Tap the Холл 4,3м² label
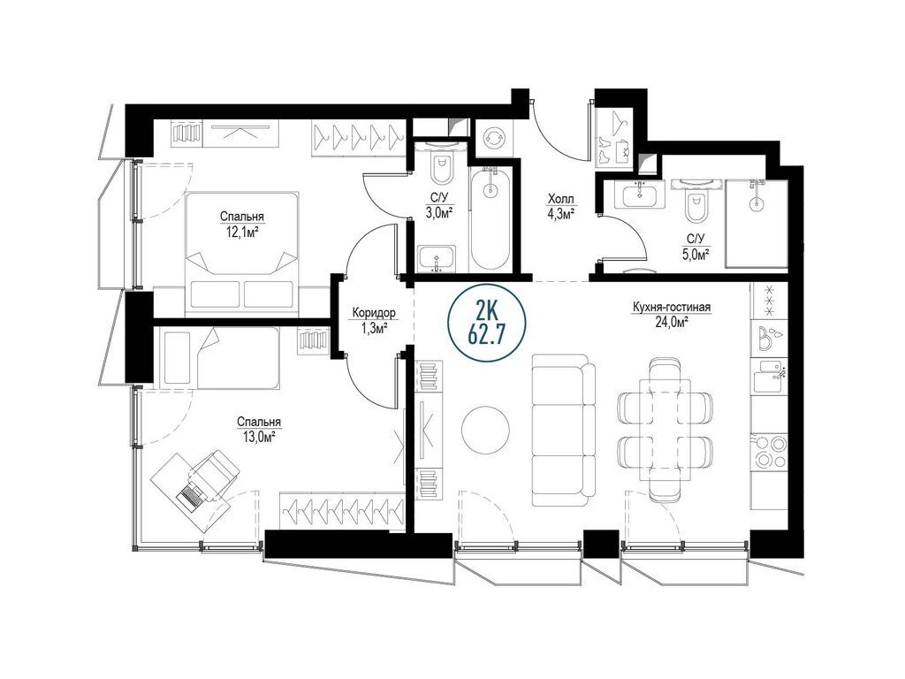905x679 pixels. (x=560, y=207)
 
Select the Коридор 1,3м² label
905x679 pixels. (x=374, y=320)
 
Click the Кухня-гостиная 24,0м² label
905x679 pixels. (x=670, y=314)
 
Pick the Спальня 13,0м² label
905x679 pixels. (x=259, y=430)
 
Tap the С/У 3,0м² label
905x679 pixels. (x=438, y=205)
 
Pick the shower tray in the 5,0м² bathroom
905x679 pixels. (x=757, y=224)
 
